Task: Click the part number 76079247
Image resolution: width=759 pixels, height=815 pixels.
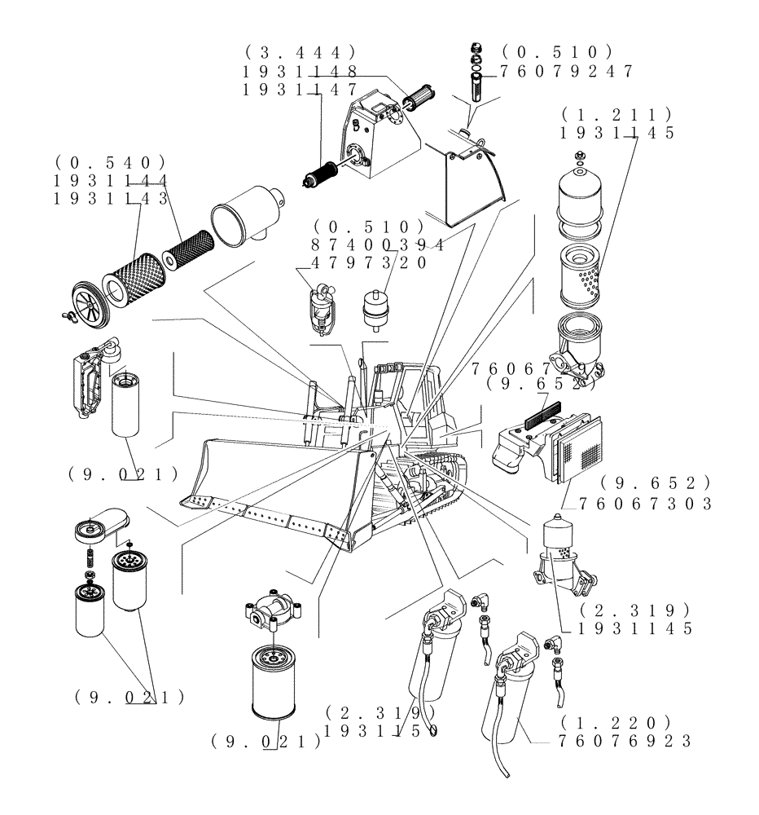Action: pos(567,71)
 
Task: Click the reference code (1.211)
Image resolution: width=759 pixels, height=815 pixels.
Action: pos(617,114)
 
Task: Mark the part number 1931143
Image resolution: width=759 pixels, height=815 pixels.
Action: pos(110,197)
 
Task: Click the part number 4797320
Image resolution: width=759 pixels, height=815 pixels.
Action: pos(368,262)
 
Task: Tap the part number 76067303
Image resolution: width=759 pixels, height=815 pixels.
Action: pos(647,504)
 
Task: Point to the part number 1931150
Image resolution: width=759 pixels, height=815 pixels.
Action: pos(381,731)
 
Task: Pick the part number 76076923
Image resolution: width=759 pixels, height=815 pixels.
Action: pos(625,741)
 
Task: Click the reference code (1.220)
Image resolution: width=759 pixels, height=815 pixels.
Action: pos(616,722)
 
